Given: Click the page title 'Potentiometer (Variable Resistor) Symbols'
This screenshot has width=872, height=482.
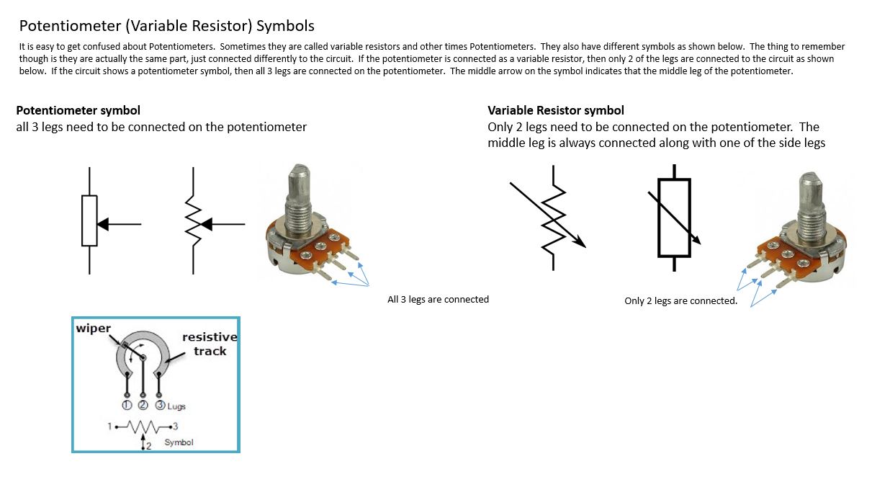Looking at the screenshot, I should click(166, 26).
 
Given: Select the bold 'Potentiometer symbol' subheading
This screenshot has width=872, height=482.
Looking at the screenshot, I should click(78, 110).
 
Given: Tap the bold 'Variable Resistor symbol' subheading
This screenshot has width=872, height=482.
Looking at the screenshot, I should click(555, 110).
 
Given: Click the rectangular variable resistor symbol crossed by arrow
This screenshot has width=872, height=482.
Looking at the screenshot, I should click(674, 218).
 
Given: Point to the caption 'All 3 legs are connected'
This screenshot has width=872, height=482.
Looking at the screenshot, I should click(438, 299).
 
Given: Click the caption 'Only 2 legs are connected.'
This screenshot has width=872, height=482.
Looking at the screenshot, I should click(680, 300).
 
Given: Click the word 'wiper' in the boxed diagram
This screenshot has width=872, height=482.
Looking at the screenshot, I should click(94, 329).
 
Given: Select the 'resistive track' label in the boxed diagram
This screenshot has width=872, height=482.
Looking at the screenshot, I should click(210, 344).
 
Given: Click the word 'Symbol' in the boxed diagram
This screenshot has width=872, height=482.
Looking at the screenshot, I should click(179, 442).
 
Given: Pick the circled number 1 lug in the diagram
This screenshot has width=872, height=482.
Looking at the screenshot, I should click(127, 405).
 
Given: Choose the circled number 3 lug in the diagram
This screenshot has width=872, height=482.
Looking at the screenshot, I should click(158, 405).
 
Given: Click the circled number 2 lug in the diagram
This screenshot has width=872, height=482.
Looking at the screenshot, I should click(143, 405).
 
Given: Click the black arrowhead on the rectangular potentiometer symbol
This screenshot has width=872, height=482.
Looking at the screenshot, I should click(103, 225).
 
